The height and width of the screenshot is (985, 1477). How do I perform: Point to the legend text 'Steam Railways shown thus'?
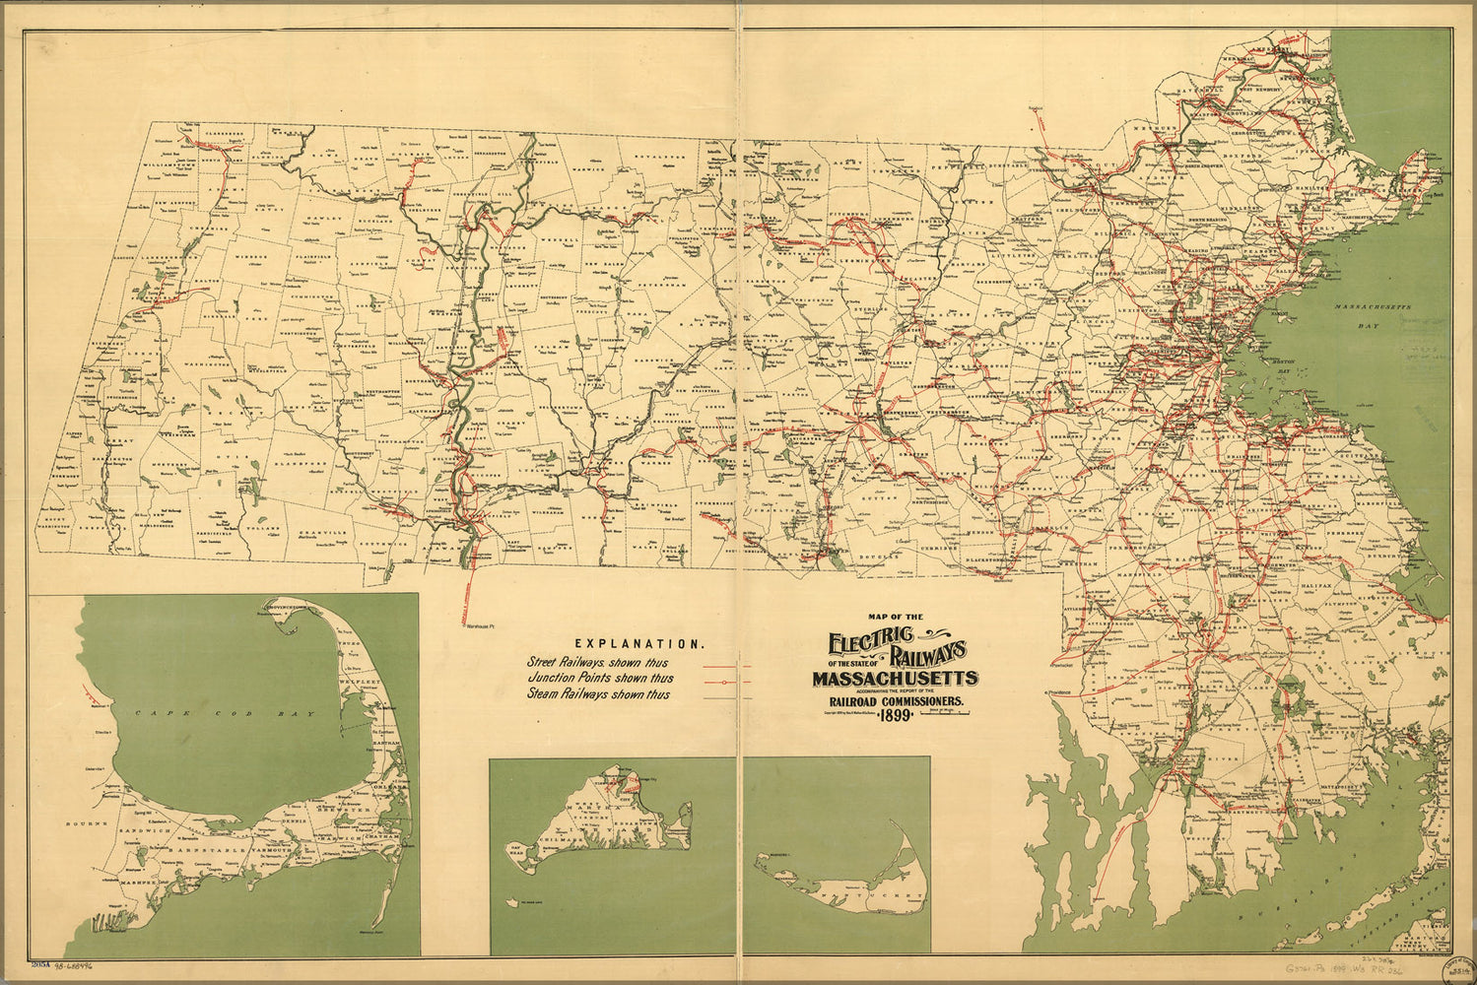[x=598, y=694]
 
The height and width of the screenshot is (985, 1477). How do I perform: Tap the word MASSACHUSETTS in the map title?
[x=895, y=679]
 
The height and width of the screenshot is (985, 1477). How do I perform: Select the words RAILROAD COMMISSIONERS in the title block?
[x=894, y=701]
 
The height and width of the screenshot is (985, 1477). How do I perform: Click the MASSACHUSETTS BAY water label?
[x=1373, y=313]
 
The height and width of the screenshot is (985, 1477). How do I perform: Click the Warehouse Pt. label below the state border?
[x=478, y=626]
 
